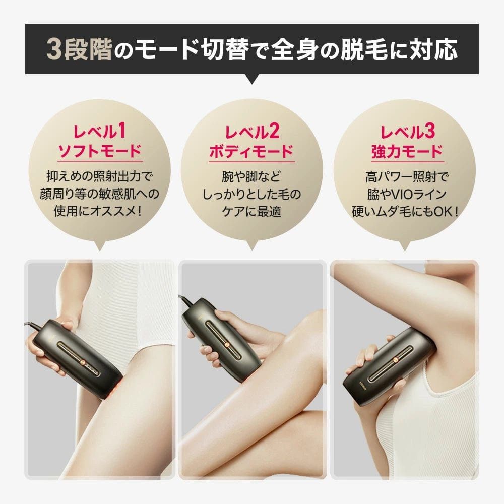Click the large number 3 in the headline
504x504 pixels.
(x=54, y=49)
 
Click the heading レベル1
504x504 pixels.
(x=99, y=131)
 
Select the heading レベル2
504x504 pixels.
(x=252, y=132)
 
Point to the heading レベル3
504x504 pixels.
(x=408, y=132)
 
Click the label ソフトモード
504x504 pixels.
(x=100, y=151)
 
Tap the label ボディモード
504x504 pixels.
(x=251, y=151)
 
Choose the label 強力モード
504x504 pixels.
(x=407, y=151)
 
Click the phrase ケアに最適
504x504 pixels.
(x=251, y=212)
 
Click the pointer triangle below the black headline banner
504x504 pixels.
(x=252, y=79)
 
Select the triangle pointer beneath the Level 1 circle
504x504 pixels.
(x=99, y=245)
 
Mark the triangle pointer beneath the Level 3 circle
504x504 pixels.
(x=405, y=246)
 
